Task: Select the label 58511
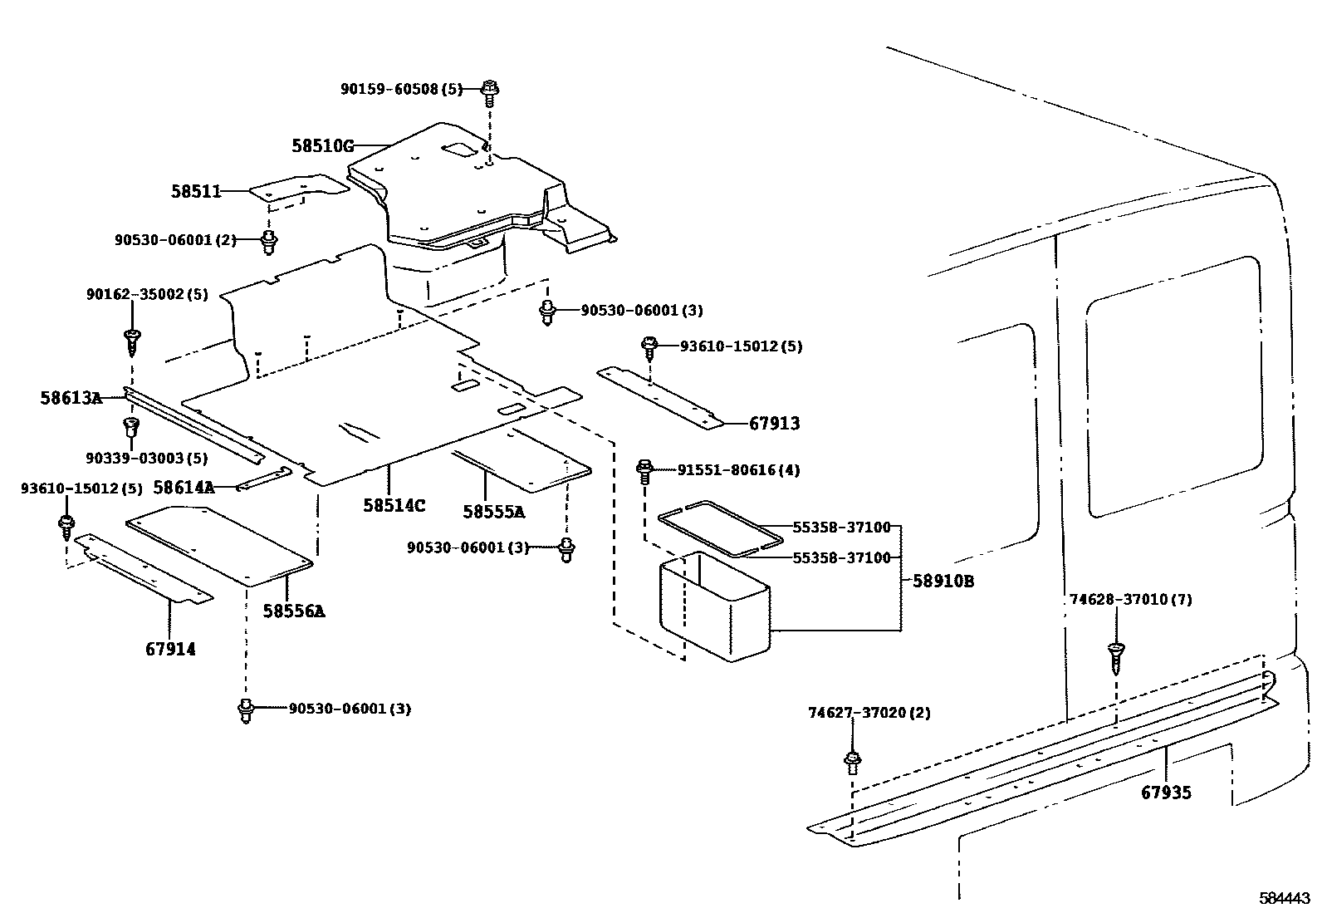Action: point(197,192)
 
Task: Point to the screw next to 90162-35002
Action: point(131,337)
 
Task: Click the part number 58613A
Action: point(71,399)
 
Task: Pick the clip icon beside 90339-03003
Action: point(130,428)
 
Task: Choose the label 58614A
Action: point(184,488)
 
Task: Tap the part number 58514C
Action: point(394,505)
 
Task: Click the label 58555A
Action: point(494,512)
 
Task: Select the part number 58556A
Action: point(294,611)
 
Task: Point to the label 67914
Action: point(171,649)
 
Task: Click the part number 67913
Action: point(775,424)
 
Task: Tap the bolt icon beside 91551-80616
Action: point(644,470)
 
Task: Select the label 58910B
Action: point(943,582)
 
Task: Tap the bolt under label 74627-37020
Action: point(852,760)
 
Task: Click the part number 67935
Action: point(1166,793)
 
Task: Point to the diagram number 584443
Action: point(1285,898)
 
